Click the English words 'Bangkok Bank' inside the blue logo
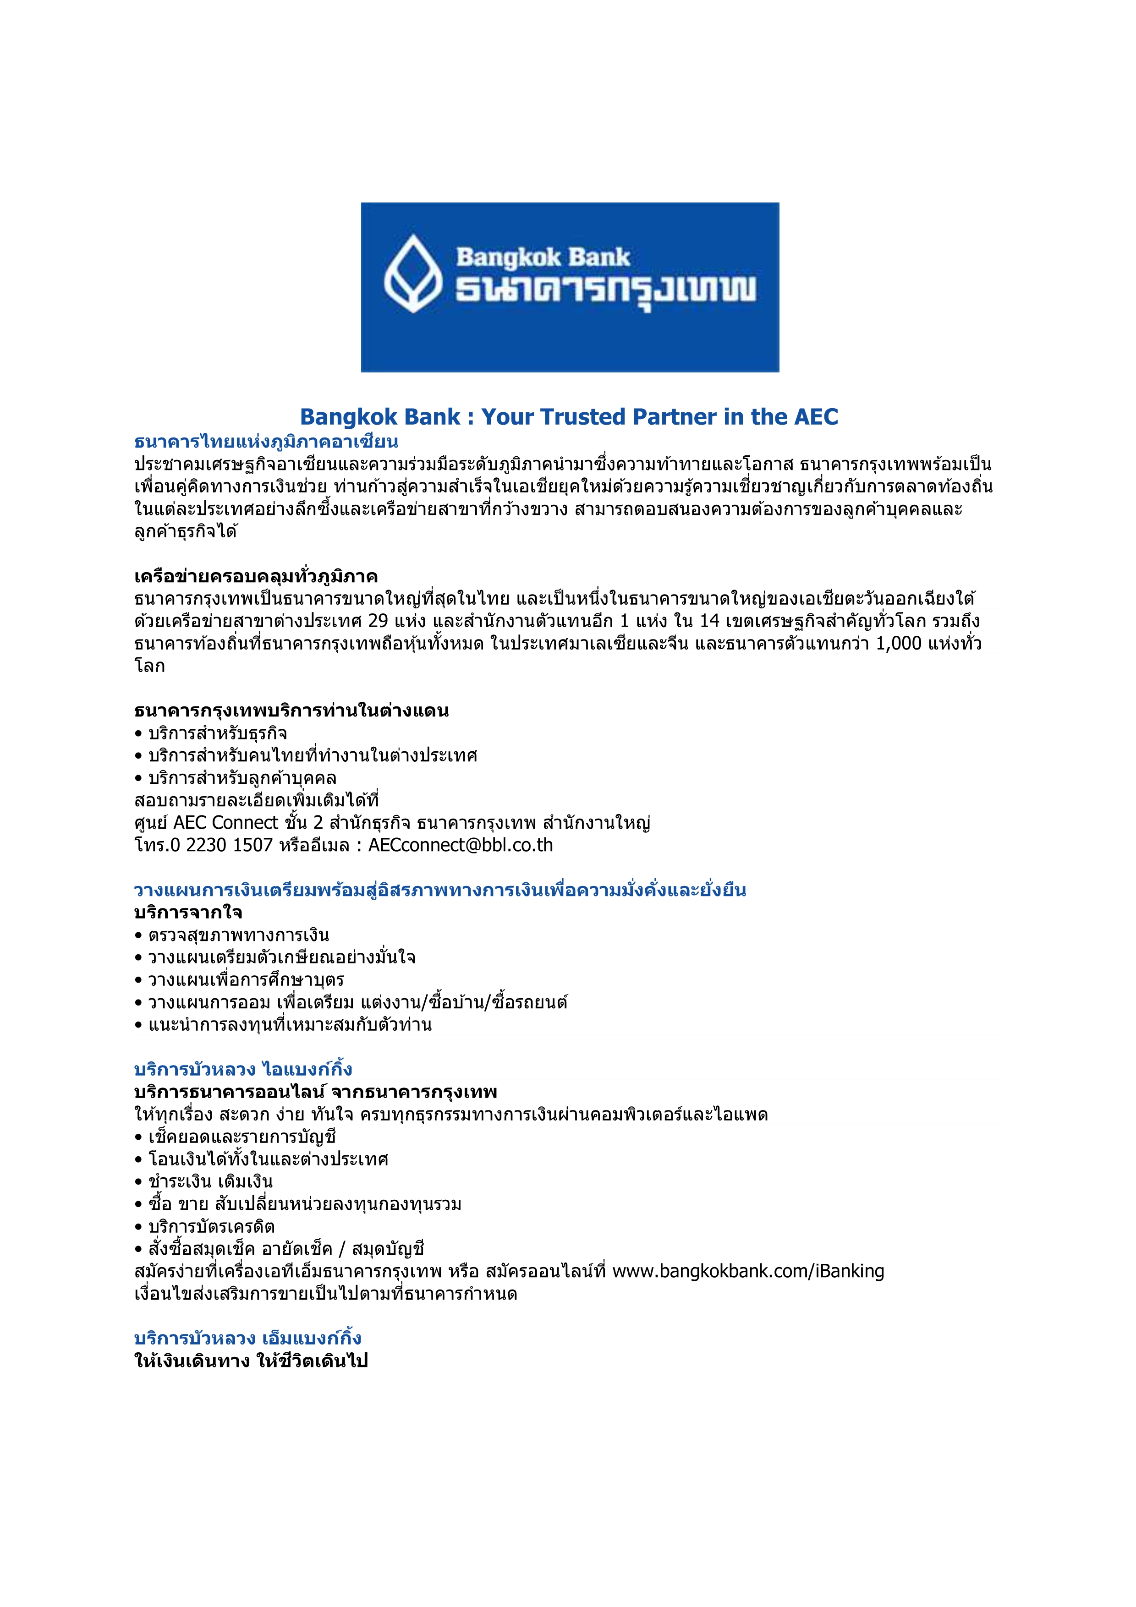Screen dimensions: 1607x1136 pyautogui.click(x=543, y=257)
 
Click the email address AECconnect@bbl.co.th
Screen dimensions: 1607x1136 pyautogui.click(x=461, y=846)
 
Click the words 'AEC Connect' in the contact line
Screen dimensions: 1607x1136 pyautogui.click(x=225, y=823)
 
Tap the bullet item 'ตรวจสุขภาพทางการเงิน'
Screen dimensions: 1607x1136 pyautogui.click(x=238, y=935)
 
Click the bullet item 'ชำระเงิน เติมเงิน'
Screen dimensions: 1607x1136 pyautogui.click(x=210, y=1181)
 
